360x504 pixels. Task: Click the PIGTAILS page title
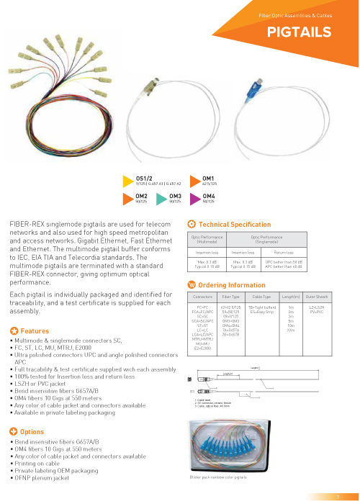299,32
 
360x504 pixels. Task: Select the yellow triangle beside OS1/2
130,180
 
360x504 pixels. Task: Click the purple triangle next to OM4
194,197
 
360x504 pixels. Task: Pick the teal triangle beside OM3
163,197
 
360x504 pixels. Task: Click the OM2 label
141,195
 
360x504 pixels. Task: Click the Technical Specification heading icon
191,225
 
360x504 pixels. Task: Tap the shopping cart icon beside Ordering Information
191,285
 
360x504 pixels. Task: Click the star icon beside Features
14,351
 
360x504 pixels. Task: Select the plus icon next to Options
14,431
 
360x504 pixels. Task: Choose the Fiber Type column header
231,297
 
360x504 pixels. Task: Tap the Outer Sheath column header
318,297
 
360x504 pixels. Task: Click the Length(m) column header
291,297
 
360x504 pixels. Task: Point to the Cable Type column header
261,297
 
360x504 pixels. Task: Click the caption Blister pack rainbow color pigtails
218,477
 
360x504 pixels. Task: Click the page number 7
337,497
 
